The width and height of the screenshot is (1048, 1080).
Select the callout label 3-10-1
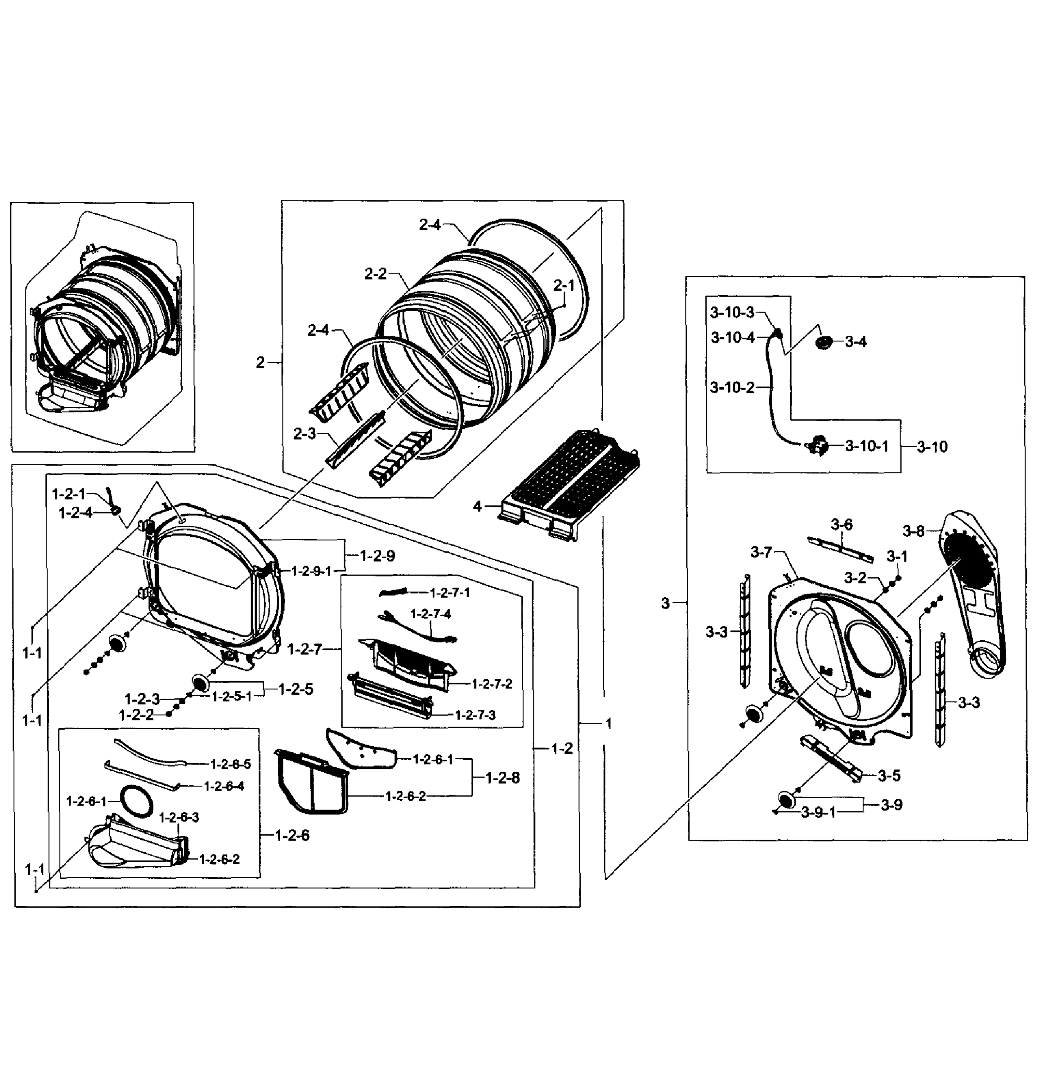click(x=867, y=446)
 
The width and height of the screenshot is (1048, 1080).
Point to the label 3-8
click(x=913, y=531)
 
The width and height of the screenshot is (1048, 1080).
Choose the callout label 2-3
click(x=304, y=434)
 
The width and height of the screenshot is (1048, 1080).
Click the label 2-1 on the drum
click(x=564, y=285)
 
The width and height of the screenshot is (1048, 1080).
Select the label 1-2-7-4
click(x=430, y=614)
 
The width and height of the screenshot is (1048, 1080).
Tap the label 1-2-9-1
click(x=311, y=571)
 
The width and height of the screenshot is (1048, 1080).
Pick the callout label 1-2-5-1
click(x=232, y=697)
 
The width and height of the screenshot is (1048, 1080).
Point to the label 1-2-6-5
click(x=230, y=764)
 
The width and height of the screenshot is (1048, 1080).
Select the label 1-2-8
click(x=502, y=778)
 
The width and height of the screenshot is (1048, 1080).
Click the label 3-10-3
click(x=732, y=312)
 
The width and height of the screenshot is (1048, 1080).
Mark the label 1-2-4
click(x=76, y=513)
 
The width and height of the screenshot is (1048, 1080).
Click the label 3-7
click(x=761, y=552)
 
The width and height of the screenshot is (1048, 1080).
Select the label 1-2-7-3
click(x=475, y=715)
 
